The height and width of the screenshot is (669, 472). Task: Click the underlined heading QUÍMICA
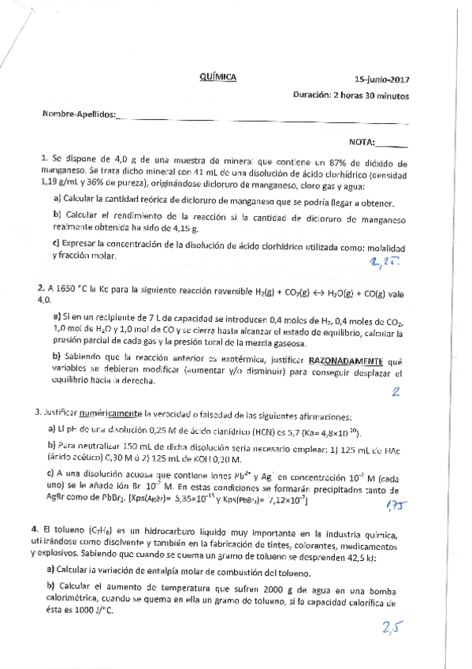pos(218,78)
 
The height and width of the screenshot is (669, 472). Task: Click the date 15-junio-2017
pos(382,79)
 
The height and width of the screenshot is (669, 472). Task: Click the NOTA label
pos(361,143)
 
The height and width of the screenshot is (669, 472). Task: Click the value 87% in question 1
pos(324,160)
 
